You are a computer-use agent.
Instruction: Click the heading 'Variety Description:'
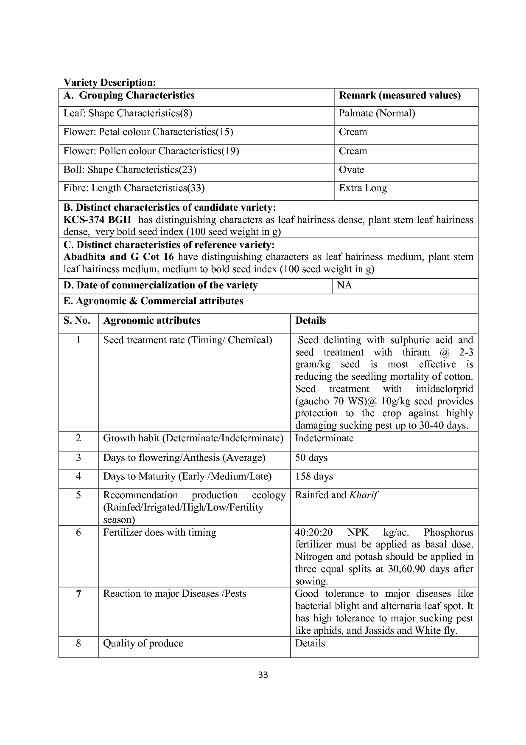(x=110, y=82)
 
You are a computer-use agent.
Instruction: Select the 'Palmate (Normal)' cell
(x=377, y=113)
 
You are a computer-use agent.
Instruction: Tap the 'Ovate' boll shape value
(x=351, y=170)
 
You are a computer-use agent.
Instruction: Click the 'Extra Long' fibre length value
(x=363, y=188)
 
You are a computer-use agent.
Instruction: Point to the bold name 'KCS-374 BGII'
(x=97, y=220)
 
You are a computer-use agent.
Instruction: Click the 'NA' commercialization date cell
(x=344, y=285)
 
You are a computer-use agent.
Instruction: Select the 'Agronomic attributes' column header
(x=151, y=321)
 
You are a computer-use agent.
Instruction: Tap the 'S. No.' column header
(x=77, y=321)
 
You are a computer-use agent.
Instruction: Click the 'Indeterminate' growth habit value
(x=324, y=438)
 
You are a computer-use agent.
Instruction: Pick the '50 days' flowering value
(x=311, y=458)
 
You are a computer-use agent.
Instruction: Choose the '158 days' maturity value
(x=314, y=477)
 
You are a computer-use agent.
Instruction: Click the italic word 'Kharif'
(x=363, y=495)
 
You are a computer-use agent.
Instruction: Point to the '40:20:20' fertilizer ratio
(x=314, y=533)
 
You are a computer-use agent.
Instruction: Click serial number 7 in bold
(x=78, y=594)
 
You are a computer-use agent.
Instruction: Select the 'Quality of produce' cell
(x=143, y=643)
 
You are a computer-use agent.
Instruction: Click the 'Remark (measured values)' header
(x=400, y=96)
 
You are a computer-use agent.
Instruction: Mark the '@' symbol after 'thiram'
(x=445, y=353)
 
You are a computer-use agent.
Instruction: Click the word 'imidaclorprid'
(x=444, y=389)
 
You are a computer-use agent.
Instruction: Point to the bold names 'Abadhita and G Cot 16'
(x=118, y=257)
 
